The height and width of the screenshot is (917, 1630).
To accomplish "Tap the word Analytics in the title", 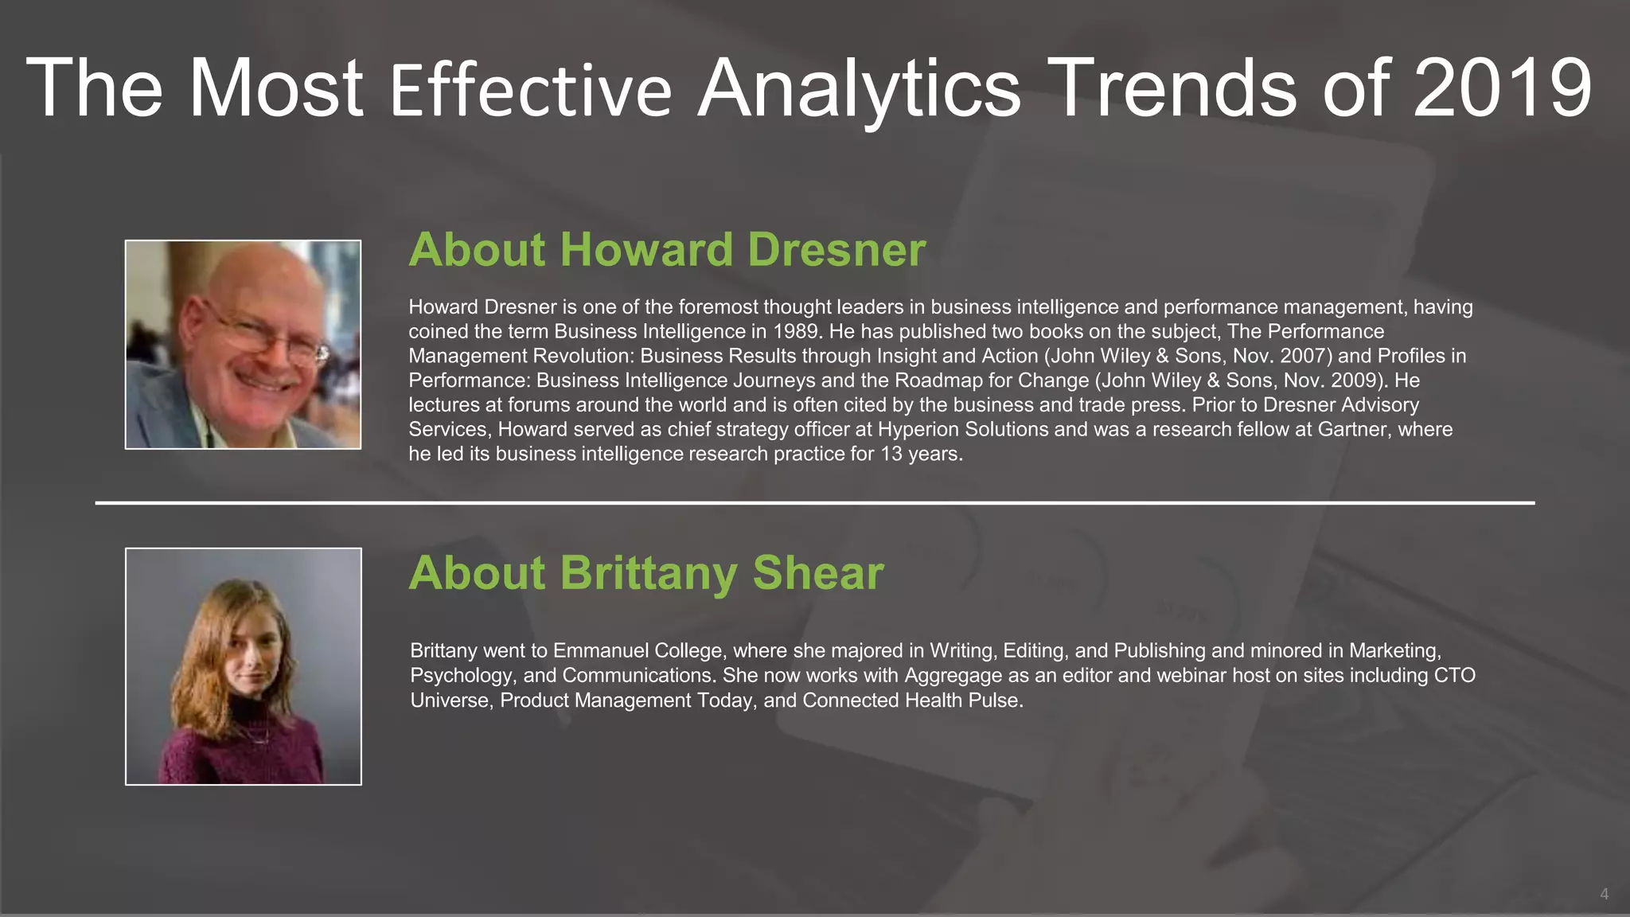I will pyautogui.click(x=859, y=89).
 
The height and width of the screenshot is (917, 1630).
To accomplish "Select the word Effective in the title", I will pyautogui.click(x=531, y=91).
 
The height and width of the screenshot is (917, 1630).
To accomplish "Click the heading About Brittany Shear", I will pyautogui.click(x=646, y=572).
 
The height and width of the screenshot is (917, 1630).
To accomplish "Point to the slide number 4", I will pyautogui.click(x=1604, y=894).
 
